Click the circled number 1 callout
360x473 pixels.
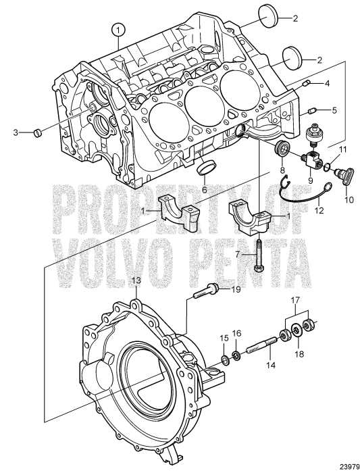pos(119,29)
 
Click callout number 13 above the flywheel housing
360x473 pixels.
pos(135,279)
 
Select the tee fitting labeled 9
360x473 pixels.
pos(295,160)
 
